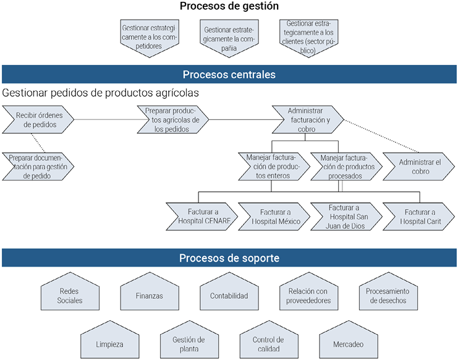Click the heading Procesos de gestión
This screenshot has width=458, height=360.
click(x=229, y=7)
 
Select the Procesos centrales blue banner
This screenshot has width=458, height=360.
click(x=229, y=75)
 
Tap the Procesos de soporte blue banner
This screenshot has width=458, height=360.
click(x=229, y=258)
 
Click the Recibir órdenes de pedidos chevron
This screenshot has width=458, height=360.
click(x=38, y=119)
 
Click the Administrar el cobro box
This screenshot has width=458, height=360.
click(x=419, y=166)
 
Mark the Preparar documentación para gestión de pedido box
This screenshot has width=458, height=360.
click(x=38, y=166)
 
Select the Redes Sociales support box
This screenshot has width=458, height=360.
click(x=70, y=295)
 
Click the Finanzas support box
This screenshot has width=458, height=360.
click(x=149, y=295)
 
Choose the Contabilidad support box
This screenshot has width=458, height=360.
click(x=228, y=295)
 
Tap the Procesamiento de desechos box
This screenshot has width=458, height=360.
click(x=388, y=295)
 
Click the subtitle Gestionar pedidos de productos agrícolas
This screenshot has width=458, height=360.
click(x=101, y=93)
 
